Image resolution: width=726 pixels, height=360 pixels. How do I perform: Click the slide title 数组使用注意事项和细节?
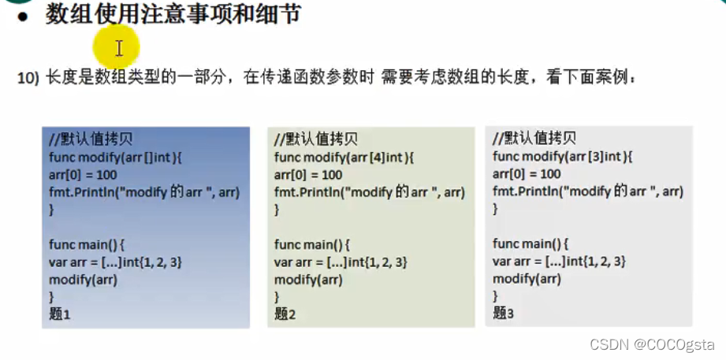[173, 14]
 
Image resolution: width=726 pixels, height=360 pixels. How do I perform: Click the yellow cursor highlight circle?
[117, 47]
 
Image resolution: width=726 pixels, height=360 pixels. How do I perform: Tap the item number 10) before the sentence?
[28, 79]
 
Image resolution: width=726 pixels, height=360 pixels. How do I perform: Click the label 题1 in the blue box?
[60, 314]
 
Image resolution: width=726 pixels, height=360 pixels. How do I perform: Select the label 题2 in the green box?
[285, 313]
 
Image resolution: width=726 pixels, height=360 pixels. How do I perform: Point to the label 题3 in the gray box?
[503, 313]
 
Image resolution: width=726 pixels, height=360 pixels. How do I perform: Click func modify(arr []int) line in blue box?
[115, 158]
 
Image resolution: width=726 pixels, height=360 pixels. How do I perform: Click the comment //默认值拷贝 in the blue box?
[91, 140]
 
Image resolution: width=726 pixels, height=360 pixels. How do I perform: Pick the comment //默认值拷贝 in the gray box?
[534, 139]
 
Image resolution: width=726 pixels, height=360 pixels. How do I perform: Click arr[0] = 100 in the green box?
[308, 175]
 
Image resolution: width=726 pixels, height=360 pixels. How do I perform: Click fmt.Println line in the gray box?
[588, 191]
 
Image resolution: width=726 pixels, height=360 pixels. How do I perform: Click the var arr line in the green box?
[341, 262]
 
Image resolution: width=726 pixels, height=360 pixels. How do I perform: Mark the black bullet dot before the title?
[24, 15]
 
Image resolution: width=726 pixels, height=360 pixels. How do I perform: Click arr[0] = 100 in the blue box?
[83, 175]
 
